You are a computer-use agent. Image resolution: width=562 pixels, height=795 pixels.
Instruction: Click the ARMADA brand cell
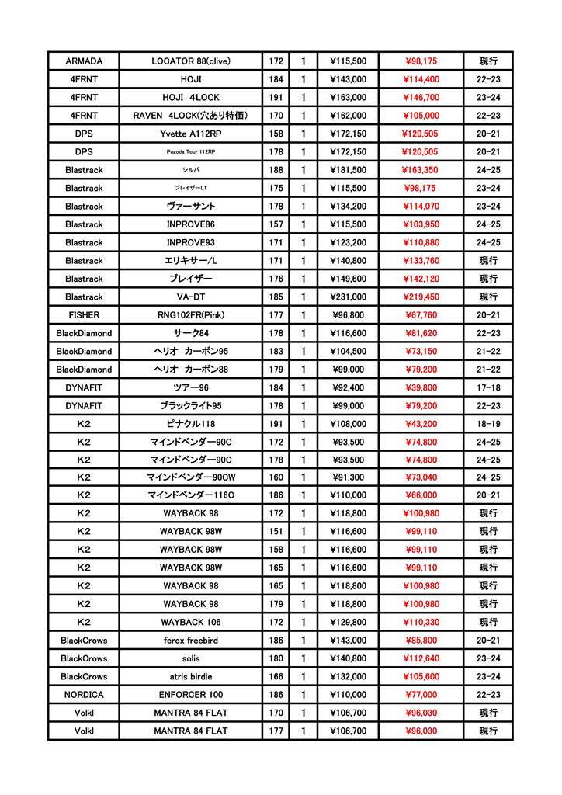pos(84,61)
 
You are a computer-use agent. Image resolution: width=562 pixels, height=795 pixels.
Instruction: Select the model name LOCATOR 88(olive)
pos(191,61)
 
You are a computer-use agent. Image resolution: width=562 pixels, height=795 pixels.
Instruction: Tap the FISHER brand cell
pos(84,315)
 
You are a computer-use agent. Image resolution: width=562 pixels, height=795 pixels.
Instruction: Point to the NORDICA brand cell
pos(84,695)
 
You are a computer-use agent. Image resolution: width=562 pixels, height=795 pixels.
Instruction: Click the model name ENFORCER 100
pos(191,695)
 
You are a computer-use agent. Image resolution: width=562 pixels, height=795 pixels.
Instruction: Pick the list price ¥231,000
pos(348,297)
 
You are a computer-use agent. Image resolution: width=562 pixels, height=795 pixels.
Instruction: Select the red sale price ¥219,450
pos(421,297)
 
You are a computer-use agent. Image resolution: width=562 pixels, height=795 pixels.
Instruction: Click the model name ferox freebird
pos(191,641)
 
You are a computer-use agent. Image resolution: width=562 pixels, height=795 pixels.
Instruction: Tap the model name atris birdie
pos(191,677)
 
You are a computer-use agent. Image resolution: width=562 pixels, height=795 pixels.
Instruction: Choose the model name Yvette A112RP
pos(191,134)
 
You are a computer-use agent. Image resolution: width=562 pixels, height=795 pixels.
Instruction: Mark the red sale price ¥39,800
pos(421,387)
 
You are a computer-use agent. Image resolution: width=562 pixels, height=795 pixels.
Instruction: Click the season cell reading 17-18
pos(488,387)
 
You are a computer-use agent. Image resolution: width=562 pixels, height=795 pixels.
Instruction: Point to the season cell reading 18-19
pos(488,424)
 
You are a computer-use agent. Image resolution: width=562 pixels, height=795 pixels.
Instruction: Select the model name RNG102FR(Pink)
pos(191,315)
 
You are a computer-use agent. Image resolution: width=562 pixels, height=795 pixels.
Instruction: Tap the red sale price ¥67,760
pos(421,315)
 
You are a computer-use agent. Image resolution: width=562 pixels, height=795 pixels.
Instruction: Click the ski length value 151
pos(276,532)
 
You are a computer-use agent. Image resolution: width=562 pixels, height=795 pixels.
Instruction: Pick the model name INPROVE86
pos(191,224)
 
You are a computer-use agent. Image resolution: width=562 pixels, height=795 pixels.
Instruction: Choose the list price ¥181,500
pos(348,170)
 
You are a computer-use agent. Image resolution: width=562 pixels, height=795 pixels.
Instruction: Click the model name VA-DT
pos(191,297)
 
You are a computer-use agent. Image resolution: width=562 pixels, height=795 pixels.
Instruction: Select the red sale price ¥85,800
pos(421,641)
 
